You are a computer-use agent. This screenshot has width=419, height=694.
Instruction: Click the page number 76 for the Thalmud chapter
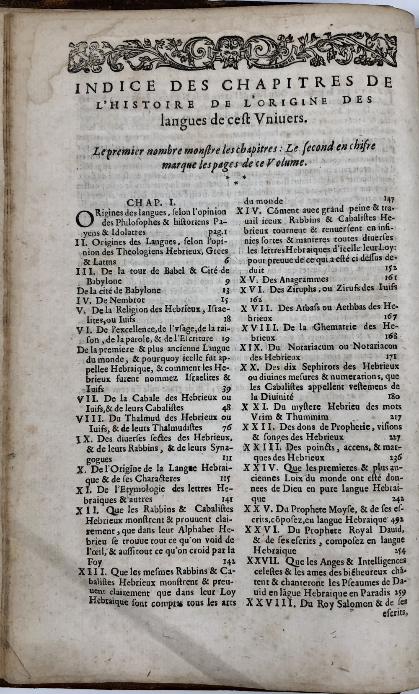pyautogui.click(x=226, y=427)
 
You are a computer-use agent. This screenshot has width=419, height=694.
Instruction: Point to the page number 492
pyautogui.click(x=396, y=520)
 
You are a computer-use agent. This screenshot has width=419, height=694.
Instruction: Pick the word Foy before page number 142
pyautogui.click(x=94, y=561)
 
